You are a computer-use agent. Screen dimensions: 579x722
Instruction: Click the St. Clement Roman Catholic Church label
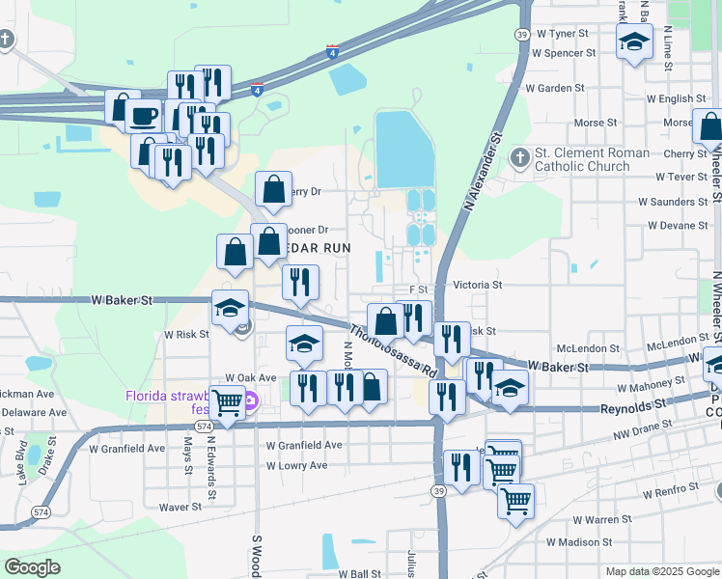click(581, 159)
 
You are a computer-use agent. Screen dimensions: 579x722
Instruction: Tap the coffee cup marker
click(144, 117)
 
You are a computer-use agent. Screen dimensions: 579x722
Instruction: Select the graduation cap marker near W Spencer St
click(634, 42)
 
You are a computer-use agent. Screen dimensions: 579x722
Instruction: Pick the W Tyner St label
click(563, 33)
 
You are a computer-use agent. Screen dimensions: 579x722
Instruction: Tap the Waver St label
click(180, 506)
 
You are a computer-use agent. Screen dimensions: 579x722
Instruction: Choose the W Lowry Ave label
click(304, 465)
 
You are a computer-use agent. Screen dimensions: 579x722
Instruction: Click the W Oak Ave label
click(250, 378)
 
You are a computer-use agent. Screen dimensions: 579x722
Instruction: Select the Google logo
click(33, 566)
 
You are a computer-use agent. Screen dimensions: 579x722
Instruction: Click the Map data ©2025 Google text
click(660, 571)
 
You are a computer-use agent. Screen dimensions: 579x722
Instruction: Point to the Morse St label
click(596, 123)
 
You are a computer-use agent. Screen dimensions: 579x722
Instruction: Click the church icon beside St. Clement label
click(521, 156)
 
